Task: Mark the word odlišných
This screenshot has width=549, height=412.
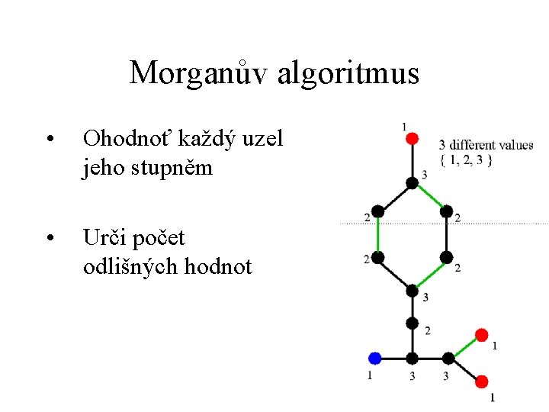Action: pyautogui.click(x=135, y=266)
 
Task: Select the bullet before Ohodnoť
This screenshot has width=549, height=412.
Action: pyautogui.click(x=49, y=140)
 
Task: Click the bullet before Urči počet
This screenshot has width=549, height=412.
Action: pyautogui.click(x=49, y=239)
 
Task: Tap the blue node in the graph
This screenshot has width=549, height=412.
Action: pyautogui.click(x=374, y=358)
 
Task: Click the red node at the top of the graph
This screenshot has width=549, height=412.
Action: pyautogui.click(x=412, y=138)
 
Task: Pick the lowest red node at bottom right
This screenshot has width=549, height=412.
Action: pyautogui.click(x=482, y=381)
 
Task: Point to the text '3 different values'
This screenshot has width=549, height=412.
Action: pyautogui.click(x=486, y=145)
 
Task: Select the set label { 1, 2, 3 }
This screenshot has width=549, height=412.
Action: pyautogui.click(x=466, y=159)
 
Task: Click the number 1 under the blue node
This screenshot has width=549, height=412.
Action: pyautogui.click(x=370, y=375)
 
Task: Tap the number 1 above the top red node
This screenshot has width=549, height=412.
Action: pyautogui.click(x=403, y=125)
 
